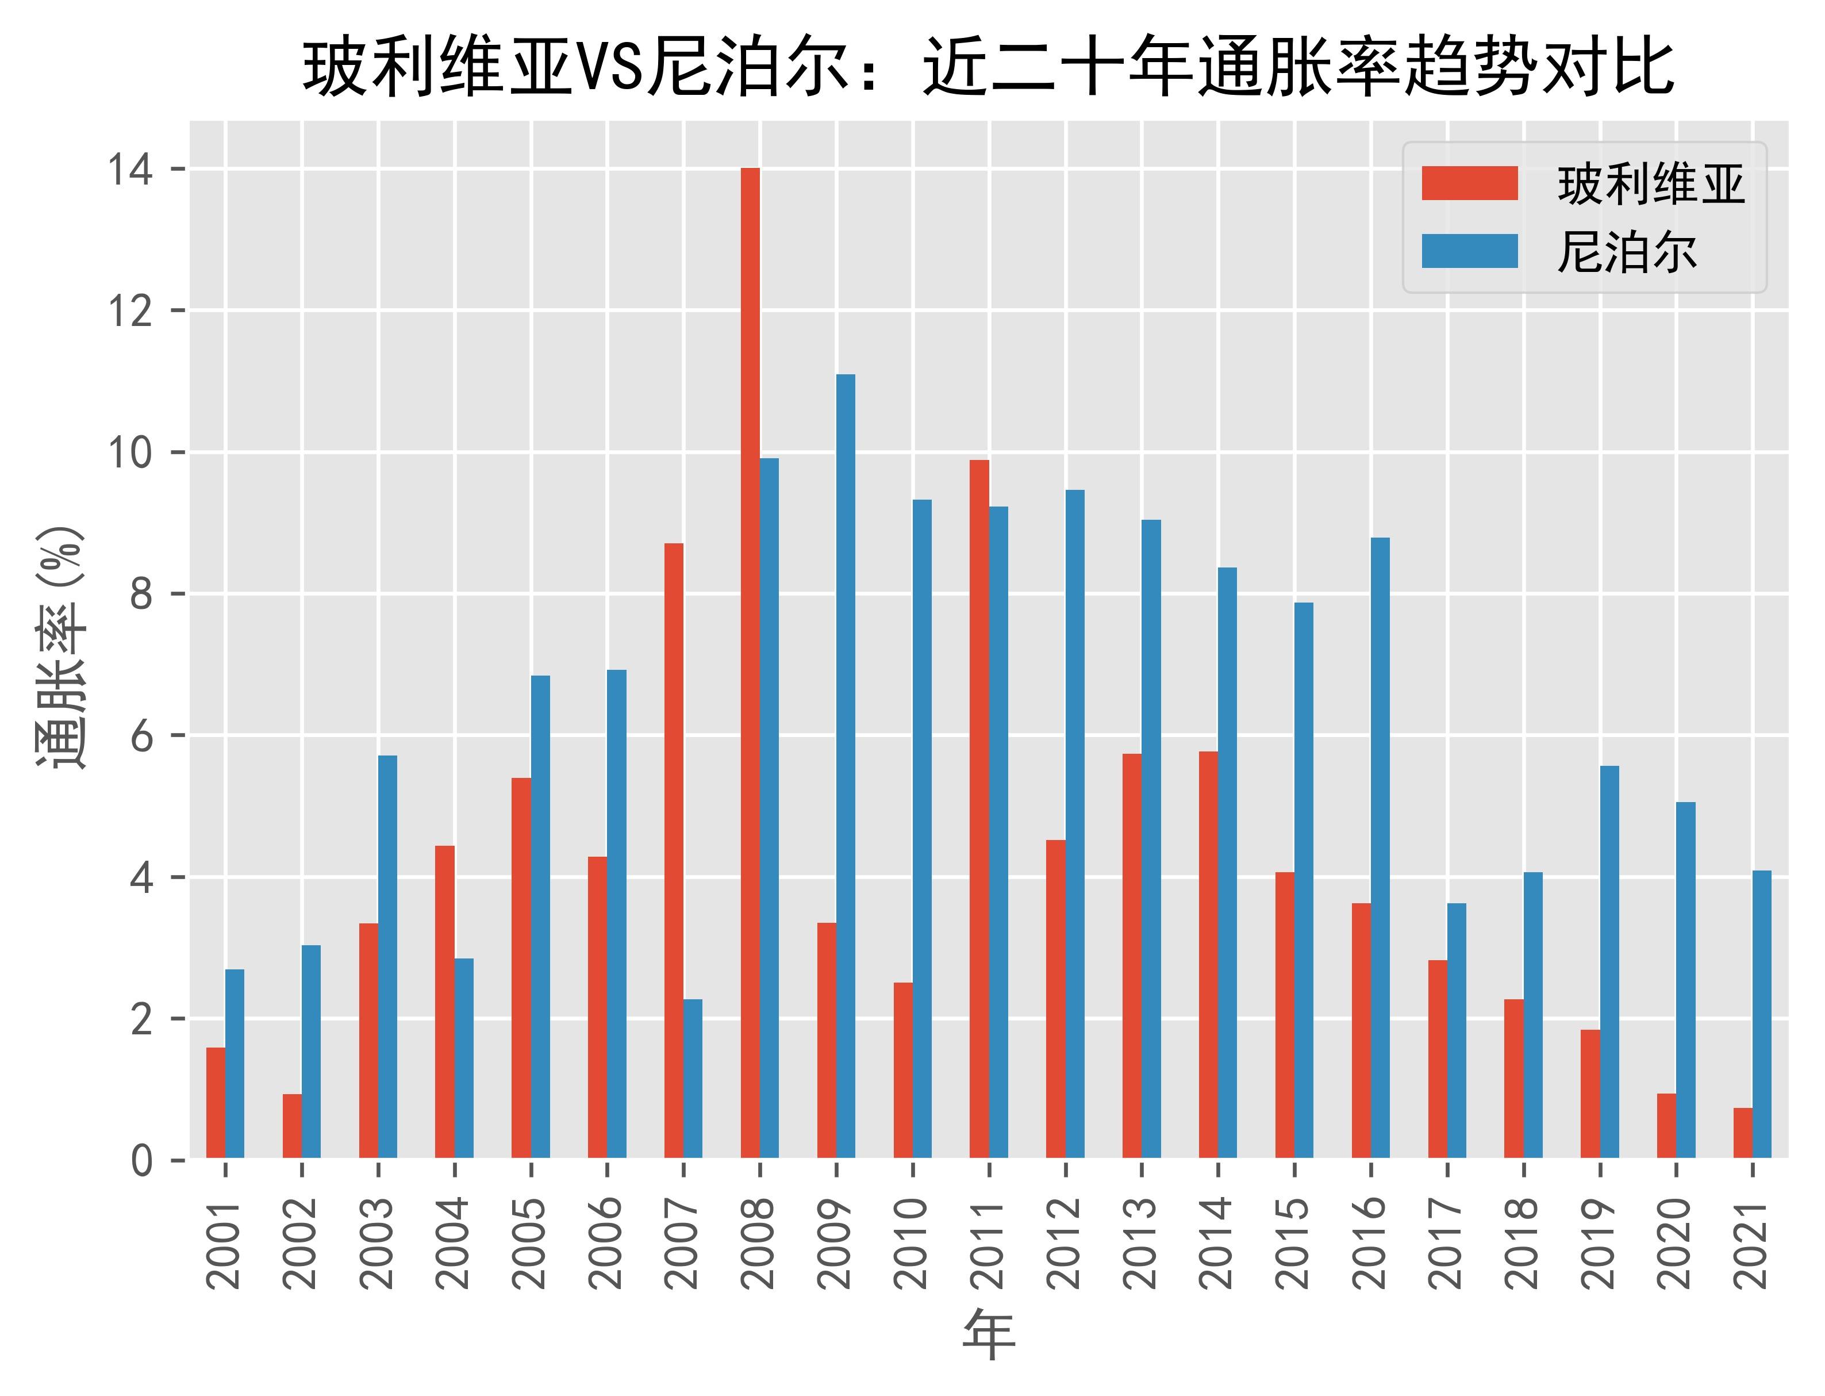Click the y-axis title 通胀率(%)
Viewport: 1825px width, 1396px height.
(60, 648)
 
